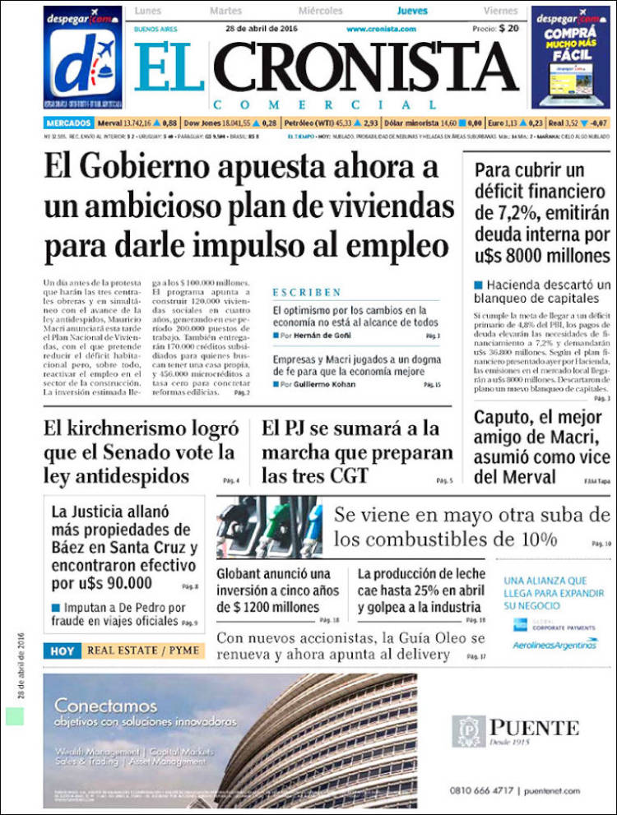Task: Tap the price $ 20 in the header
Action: coord(508,28)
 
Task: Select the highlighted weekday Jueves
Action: coord(412,11)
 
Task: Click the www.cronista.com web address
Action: coord(380,29)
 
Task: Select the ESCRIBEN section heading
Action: coord(307,292)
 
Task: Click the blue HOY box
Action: coord(63,651)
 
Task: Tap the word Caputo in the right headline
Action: coord(503,416)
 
